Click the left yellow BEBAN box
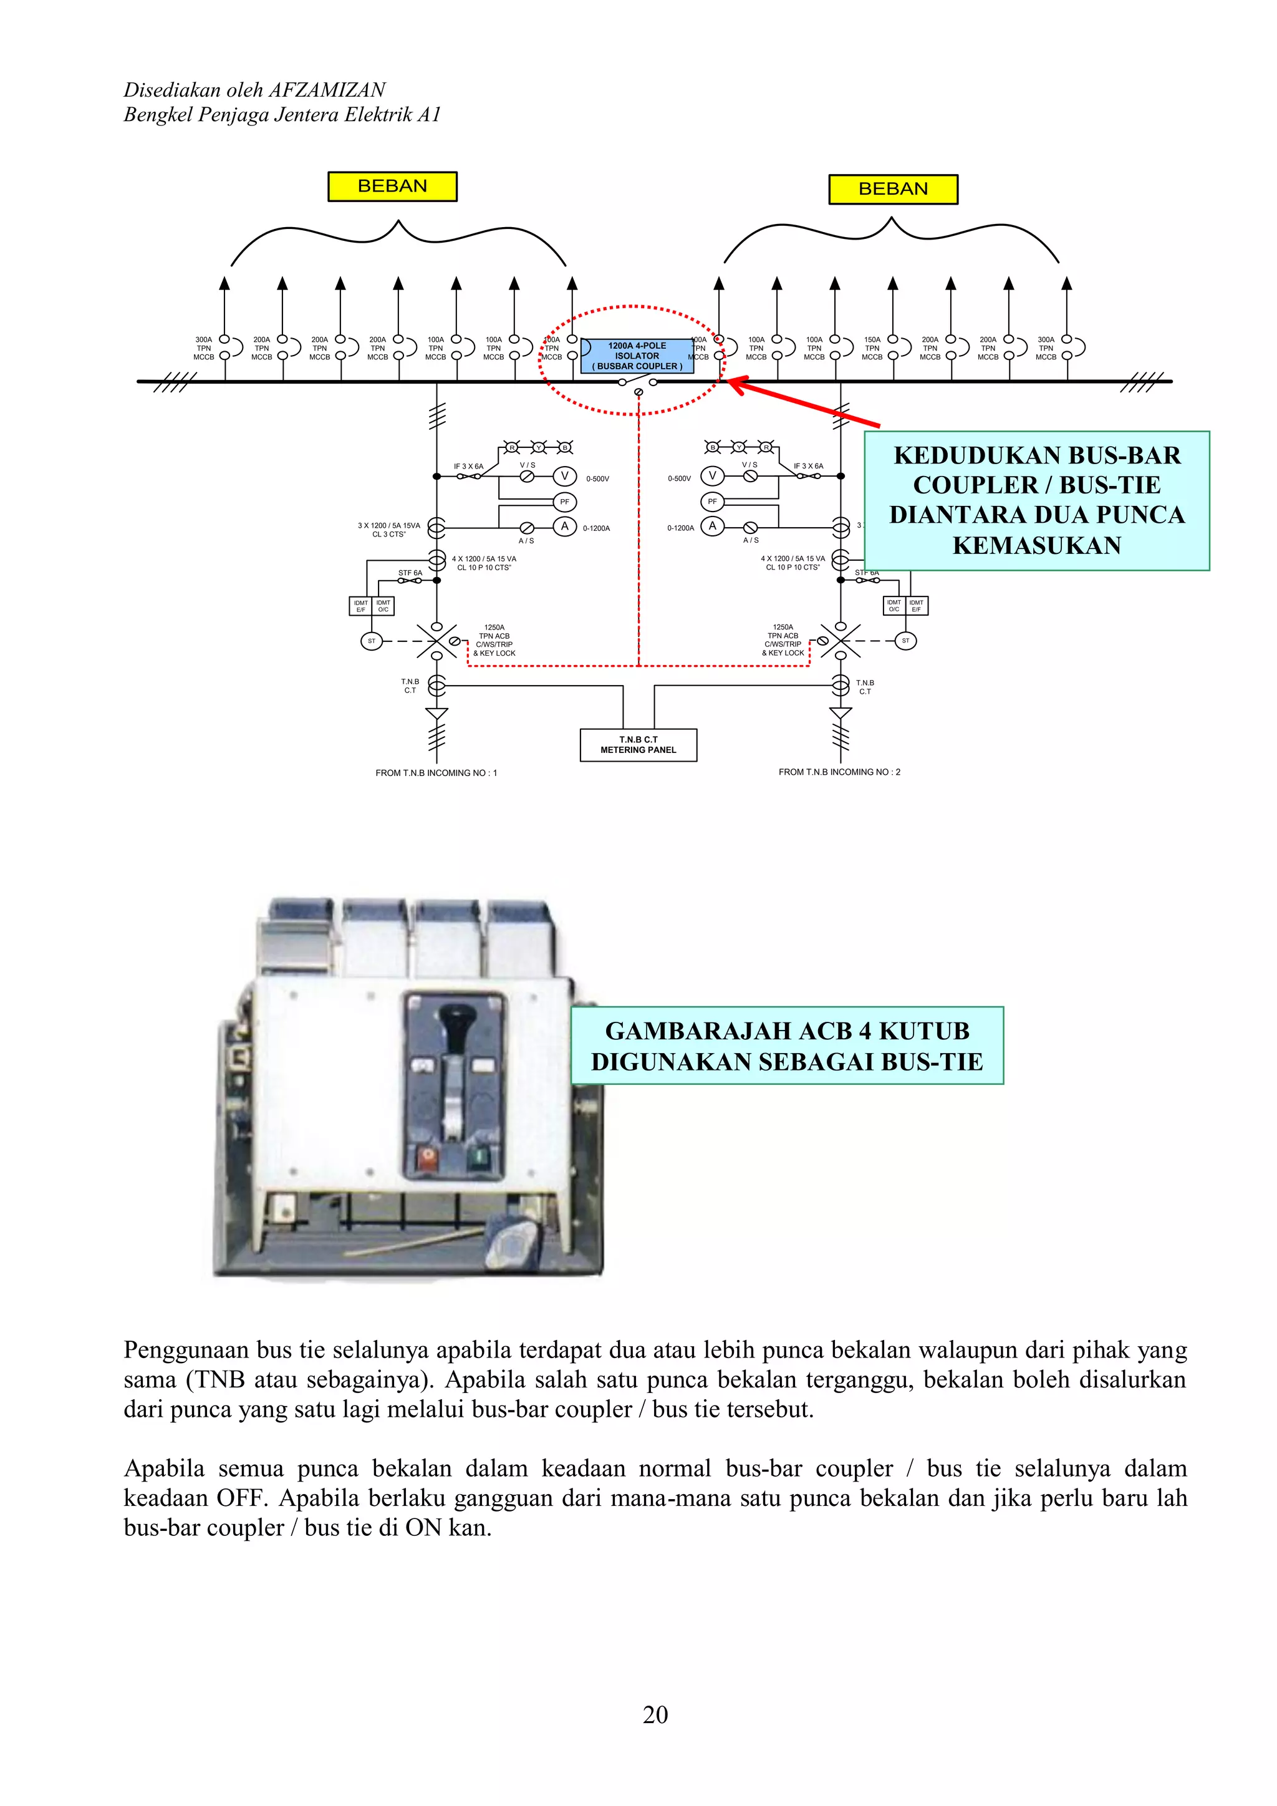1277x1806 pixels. [x=392, y=187]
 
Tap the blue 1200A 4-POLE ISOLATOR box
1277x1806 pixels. [x=637, y=356]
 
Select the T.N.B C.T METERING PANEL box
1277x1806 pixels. [x=638, y=744]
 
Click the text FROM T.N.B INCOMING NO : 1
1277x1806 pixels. [x=436, y=772]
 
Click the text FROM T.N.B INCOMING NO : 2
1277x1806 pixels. [x=839, y=772]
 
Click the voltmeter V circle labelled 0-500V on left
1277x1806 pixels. [x=564, y=476]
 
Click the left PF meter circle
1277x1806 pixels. [x=564, y=501]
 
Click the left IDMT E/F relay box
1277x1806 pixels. [x=360, y=606]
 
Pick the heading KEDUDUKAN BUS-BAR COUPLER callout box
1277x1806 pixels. [x=1036, y=500]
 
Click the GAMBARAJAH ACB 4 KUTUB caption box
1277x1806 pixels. [x=786, y=1046]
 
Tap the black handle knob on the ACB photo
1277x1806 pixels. [x=454, y=1019]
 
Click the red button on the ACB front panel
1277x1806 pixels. [x=427, y=1157]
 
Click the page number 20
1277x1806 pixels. [x=655, y=1714]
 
